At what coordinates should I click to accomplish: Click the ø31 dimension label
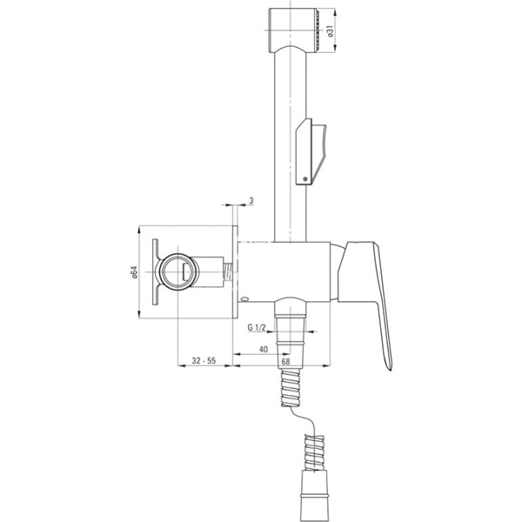(x=331, y=31)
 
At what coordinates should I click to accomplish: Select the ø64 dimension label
(x=134, y=272)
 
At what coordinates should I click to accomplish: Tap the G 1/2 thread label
(x=257, y=328)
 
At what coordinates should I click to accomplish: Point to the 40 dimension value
(x=264, y=349)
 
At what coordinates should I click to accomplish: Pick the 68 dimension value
(x=285, y=362)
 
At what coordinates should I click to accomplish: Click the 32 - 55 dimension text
(x=204, y=360)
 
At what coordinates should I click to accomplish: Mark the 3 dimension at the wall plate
(x=251, y=201)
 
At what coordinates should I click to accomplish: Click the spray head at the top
(x=292, y=30)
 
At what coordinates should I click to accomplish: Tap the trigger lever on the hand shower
(x=311, y=151)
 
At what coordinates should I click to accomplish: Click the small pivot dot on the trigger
(x=305, y=179)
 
